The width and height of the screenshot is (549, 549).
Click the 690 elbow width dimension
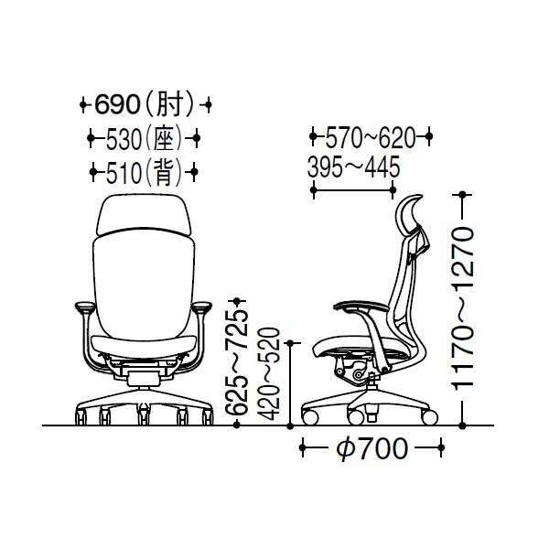coord(145,104)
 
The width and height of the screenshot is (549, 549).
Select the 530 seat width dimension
coord(144,138)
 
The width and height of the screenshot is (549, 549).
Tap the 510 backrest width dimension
coord(144,172)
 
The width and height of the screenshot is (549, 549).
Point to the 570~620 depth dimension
coord(371,136)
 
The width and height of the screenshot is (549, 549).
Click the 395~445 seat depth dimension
coord(353,167)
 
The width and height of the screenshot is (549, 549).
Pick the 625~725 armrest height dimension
coord(236,362)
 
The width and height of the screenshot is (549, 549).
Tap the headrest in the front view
coord(145,214)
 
